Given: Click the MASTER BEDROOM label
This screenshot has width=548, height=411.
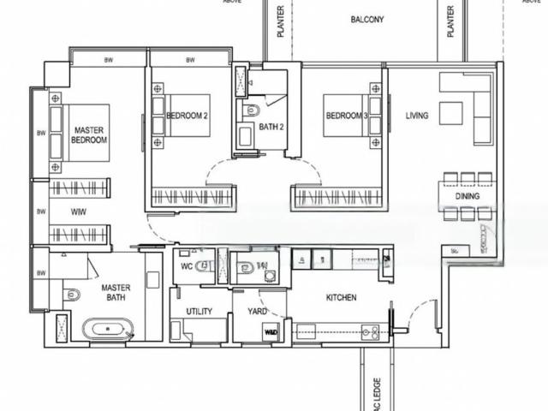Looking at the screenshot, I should pyautogui.click(x=88, y=134).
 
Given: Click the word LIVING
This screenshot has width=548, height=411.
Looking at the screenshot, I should pyautogui.click(x=417, y=116).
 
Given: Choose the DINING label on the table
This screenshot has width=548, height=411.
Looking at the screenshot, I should pyautogui.click(x=468, y=196).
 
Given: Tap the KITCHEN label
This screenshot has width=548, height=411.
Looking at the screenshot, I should pyautogui.click(x=341, y=297).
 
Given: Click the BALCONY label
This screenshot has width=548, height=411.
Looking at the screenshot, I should pyautogui.click(x=367, y=19).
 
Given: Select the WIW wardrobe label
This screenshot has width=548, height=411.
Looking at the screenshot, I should pyautogui.click(x=78, y=210).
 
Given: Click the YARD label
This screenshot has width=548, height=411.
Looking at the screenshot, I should pyautogui.click(x=257, y=313).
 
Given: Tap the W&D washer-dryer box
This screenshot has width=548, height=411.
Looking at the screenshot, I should pyautogui.click(x=271, y=332).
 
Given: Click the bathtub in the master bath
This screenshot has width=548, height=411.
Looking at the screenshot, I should pyautogui.click(x=106, y=328).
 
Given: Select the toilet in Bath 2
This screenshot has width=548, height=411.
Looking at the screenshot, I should pyautogui.click(x=253, y=110).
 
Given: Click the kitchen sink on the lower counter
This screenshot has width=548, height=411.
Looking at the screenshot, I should pyautogui.click(x=370, y=330).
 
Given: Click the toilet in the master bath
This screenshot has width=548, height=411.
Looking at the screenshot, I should pyautogui.click(x=73, y=295).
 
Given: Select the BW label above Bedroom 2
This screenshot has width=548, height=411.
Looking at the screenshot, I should pyautogui.click(x=190, y=60).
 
